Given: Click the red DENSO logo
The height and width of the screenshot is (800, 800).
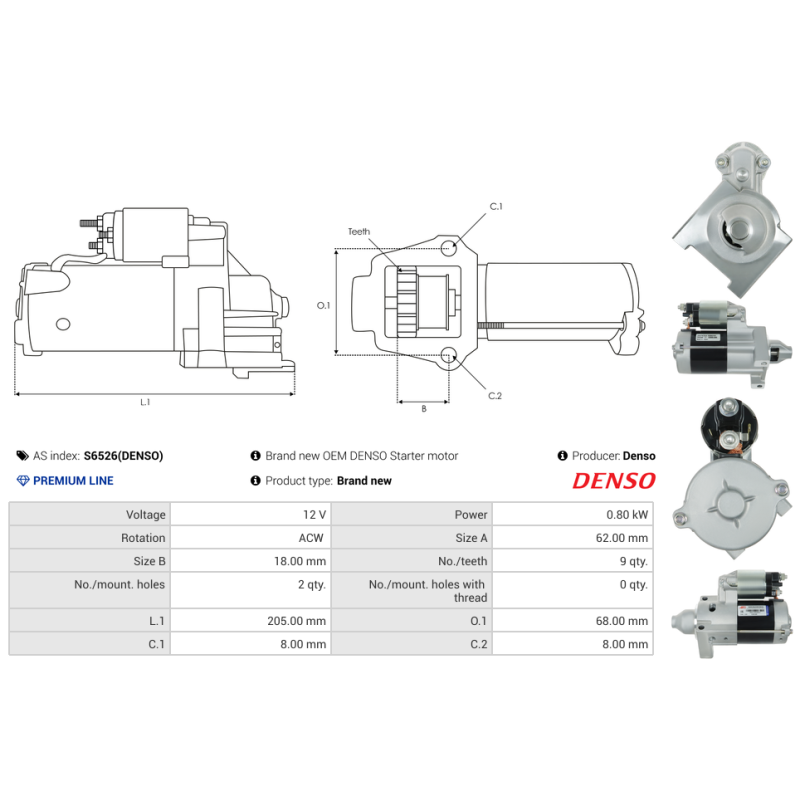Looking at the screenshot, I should coord(613,481).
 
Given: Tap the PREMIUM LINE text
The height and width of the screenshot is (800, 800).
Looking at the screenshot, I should coord(73,481).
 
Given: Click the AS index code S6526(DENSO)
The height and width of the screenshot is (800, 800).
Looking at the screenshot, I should coord(123,456).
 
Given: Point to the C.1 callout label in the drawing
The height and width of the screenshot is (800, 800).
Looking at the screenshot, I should coord(495,207).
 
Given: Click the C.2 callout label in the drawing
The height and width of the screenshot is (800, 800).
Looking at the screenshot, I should coord(495,396).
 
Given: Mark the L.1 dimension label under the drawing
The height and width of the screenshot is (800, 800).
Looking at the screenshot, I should coord(145,402).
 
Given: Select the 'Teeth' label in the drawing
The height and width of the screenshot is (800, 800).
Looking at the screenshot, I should coord(358,232).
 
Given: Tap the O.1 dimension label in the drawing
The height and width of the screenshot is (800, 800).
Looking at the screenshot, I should coord(323,305).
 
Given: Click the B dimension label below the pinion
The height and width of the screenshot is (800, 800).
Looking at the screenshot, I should coord(423,408).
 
